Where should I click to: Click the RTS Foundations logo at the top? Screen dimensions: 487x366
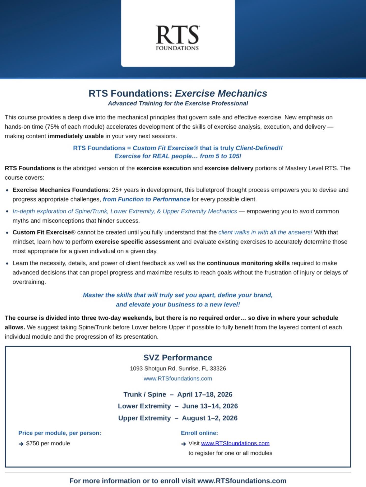tap(177, 38)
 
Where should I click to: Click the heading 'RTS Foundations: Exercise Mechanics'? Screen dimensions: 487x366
tap(178, 93)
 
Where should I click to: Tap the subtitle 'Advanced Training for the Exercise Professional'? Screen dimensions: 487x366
tap(178, 103)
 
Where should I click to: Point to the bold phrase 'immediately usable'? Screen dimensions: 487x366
tap(75, 136)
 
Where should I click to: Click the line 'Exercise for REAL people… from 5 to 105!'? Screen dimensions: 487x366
tap(178, 156)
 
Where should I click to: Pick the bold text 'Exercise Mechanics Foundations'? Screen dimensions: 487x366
tap(60, 190)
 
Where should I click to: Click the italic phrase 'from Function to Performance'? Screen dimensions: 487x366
tap(146, 199)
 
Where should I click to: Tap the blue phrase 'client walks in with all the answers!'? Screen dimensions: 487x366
tap(265, 232)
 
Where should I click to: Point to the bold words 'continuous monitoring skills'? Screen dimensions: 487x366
tap(248, 263)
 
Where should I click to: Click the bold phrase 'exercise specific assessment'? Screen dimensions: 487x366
tap(137, 242)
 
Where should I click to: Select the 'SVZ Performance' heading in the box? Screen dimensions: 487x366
tap(178, 358)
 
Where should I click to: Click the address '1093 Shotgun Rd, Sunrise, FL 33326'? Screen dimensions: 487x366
tap(178, 369)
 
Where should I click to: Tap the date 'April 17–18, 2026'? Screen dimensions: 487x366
tap(205, 394)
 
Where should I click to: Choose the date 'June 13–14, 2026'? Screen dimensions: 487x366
tap(210, 406)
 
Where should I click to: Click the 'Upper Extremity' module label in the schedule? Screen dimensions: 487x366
tap(144, 418)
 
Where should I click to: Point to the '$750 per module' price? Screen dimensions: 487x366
tap(48, 443)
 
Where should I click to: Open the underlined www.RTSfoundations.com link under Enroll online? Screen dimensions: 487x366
tap(235, 443)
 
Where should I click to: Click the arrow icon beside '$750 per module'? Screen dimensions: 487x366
tap(21, 444)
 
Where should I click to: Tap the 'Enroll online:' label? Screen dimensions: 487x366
tap(199, 433)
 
